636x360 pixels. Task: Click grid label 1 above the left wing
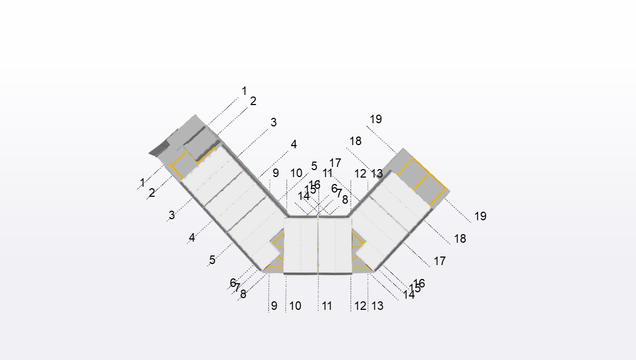(244, 91)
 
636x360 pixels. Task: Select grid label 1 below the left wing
(142, 182)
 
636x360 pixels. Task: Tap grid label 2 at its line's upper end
(253, 101)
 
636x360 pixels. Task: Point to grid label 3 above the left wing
(274, 122)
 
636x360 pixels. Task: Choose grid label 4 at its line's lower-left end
(192, 237)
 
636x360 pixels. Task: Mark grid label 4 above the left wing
(293, 144)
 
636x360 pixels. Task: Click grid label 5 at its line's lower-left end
(212, 260)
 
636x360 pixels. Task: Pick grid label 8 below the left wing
(243, 294)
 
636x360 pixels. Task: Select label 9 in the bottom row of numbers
(274, 306)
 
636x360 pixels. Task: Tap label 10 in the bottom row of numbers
(295, 306)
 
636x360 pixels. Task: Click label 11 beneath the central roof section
(327, 306)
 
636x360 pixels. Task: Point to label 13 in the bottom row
(377, 306)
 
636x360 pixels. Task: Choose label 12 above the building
(360, 173)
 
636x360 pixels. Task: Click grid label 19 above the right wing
(376, 119)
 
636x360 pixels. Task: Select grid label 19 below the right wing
(480, 216)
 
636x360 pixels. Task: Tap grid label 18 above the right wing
(355, 141)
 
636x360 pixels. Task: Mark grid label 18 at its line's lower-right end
(460, 238)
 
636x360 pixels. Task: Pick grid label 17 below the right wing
(440, 261)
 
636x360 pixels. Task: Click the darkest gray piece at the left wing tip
(158, 151)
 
